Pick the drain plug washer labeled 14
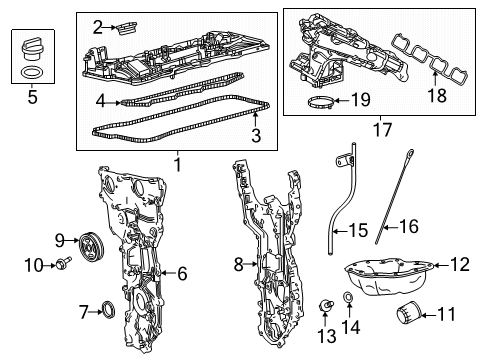(x=348, y=300)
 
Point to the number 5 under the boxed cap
(x=32, y=98)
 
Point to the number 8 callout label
(x=238, y=264)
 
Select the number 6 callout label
(x=182, y=272)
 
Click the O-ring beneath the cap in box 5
(x=32, y=73)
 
